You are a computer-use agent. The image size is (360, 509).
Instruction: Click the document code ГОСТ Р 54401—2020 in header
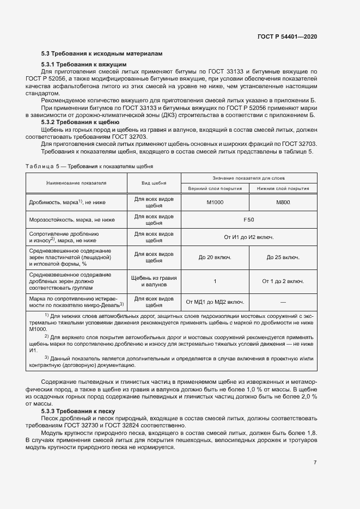[x=287, y=36]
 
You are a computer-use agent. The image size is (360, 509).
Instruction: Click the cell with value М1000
[x=215, y=203]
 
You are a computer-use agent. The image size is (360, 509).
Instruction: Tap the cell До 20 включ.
[x=215, y=257]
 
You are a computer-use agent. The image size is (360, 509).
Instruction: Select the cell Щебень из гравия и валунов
[x=154, y=281]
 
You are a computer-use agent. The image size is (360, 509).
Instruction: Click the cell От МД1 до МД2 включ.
[x=215, y=302]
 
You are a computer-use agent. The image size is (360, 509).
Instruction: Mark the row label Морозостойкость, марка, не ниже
[x=72, y=220]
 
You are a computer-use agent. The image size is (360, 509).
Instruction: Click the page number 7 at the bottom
[x=315, y=463]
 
